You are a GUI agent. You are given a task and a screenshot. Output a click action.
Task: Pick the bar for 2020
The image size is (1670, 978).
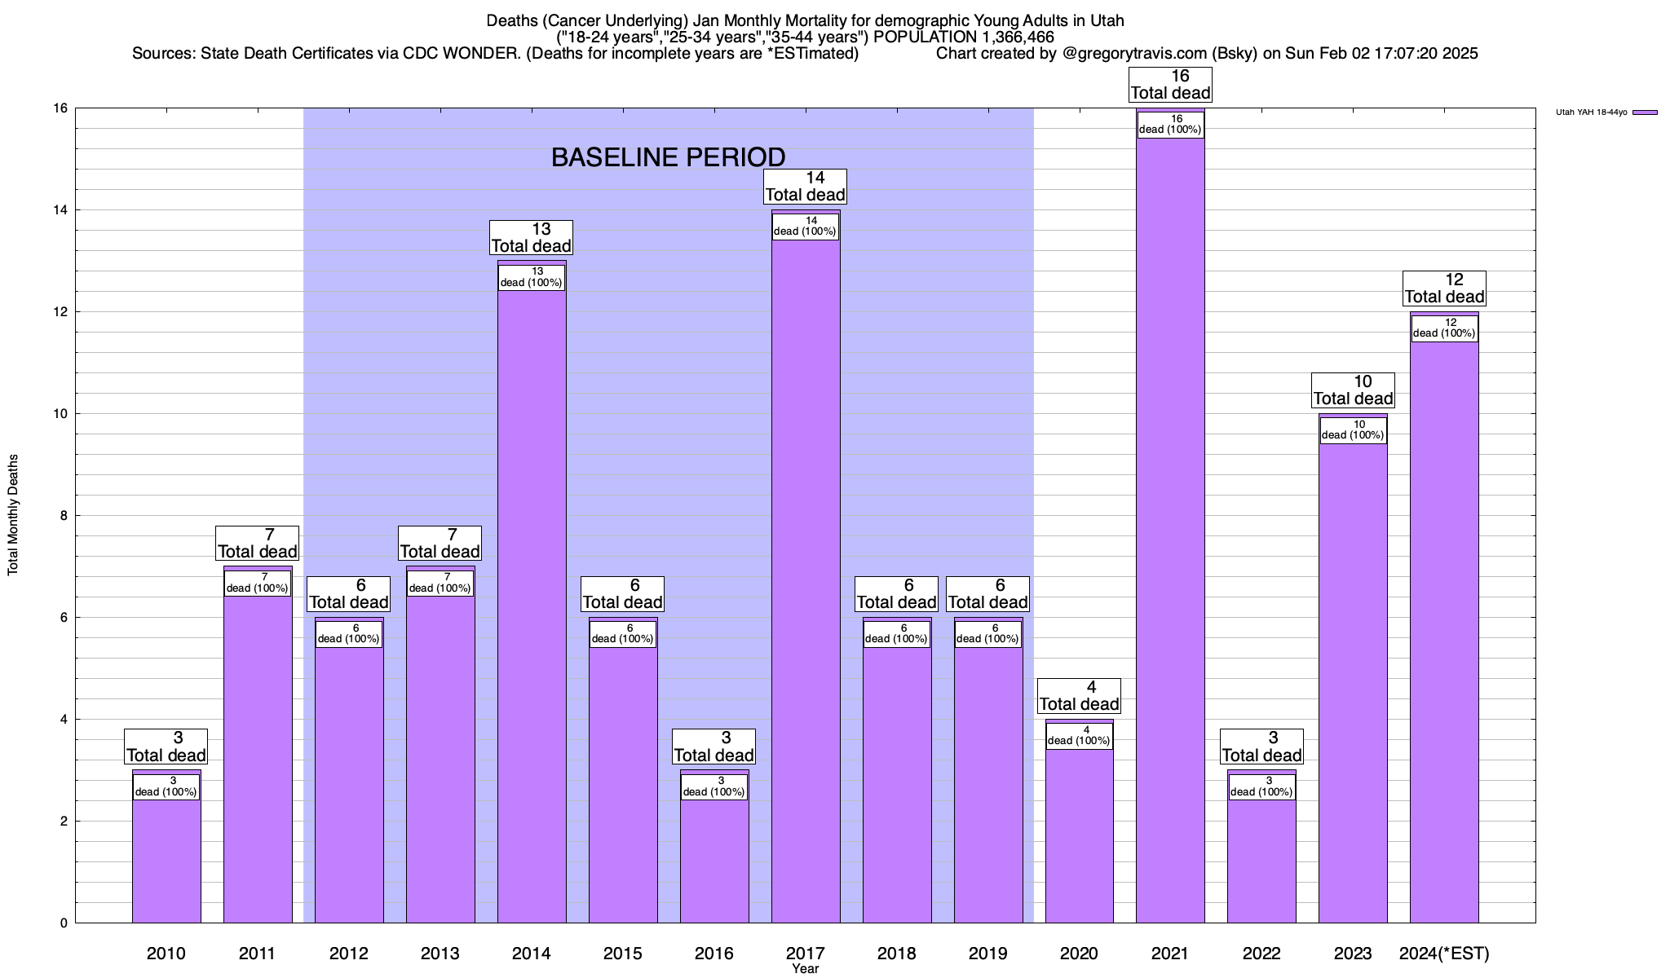[1079, 831]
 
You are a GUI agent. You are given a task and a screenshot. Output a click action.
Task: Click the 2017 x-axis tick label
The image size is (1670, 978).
[805, 954]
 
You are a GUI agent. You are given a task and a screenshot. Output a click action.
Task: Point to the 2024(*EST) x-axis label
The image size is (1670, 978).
[1444, 954]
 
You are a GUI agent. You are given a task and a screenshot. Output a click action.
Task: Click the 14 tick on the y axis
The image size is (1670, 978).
[62, 210]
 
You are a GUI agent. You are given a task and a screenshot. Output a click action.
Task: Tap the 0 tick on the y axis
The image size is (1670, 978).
[63, 923]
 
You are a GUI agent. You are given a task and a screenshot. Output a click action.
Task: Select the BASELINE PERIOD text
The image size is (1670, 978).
[668, 157]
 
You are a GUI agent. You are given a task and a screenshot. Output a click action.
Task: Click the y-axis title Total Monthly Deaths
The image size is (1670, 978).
[13, 515]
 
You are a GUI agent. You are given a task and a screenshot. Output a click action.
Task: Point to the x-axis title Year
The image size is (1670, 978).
[805, 969]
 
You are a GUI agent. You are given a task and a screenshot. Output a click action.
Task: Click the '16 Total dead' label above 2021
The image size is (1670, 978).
[1170, 85]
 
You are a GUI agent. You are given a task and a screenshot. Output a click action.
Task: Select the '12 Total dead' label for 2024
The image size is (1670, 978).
[1444, 289]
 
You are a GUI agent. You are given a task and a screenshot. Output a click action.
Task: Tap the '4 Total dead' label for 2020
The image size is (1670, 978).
[1079, 696]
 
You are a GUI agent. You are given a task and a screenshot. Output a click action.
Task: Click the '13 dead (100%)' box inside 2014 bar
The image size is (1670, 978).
[532, 277]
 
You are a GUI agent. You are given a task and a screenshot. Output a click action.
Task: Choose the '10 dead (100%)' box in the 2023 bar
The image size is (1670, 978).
[1353, 430]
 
